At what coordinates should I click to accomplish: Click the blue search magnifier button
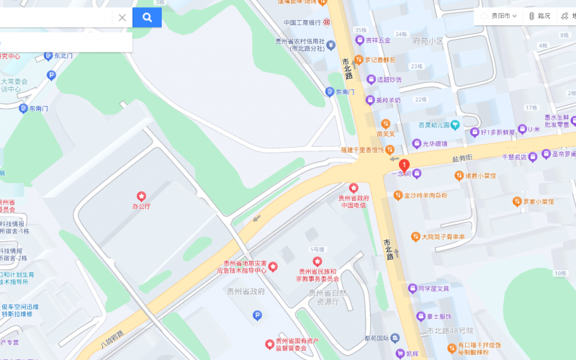tap(147, 17)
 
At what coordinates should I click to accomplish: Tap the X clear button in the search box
tap(122, 17)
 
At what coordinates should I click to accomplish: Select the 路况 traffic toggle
tap(540, 16)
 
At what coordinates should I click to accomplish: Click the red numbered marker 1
tap(404, 166)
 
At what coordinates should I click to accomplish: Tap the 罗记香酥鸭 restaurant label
tap(379, 60)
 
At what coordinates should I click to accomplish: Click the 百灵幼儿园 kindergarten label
tap(433, 125)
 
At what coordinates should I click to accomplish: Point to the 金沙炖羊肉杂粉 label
tap(425, 195)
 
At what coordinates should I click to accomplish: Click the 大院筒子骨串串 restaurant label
tap(443, 236)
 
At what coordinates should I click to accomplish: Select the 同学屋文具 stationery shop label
tap(433, 289)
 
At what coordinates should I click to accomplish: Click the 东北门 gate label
tap(64, 55)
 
